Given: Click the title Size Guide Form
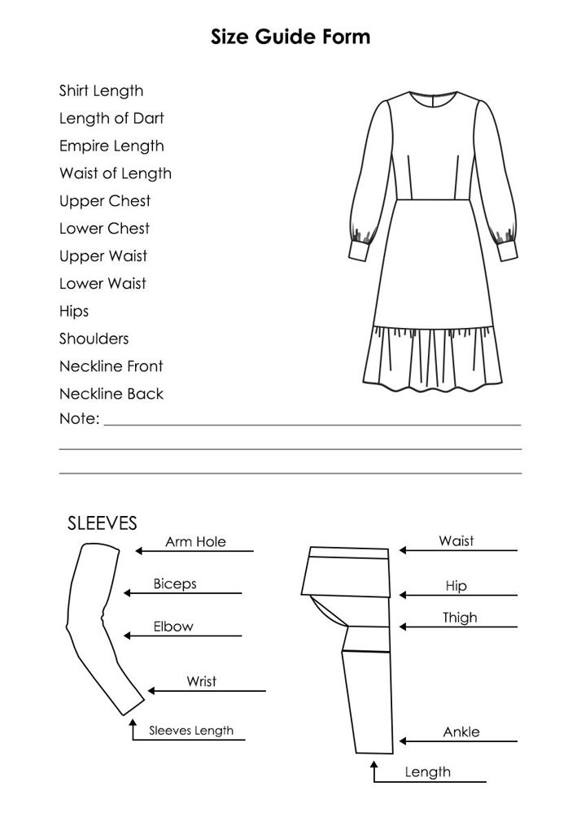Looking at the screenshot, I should [290, 37].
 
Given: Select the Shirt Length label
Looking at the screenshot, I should [101, 91].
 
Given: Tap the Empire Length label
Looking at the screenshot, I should [111, 146].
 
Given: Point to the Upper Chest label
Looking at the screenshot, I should [105, 201].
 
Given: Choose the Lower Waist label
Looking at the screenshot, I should [103, 284].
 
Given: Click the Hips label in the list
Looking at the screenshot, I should [74, 312].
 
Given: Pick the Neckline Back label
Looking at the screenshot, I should [111, 394].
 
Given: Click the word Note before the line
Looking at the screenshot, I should [79, 419].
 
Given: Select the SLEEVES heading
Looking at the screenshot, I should [102, 522].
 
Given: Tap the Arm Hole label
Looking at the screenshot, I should [195, 542].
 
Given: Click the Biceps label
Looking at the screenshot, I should [175, 584].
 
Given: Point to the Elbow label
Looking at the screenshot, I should [173, 627].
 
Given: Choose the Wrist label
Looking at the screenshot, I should [201, 681].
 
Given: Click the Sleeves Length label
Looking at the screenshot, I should [191, 731].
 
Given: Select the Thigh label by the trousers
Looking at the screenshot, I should [460, 618].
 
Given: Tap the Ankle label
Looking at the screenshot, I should [461, 732].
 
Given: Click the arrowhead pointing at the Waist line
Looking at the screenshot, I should [402, 551].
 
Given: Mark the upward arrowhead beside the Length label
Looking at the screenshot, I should [374, 767].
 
